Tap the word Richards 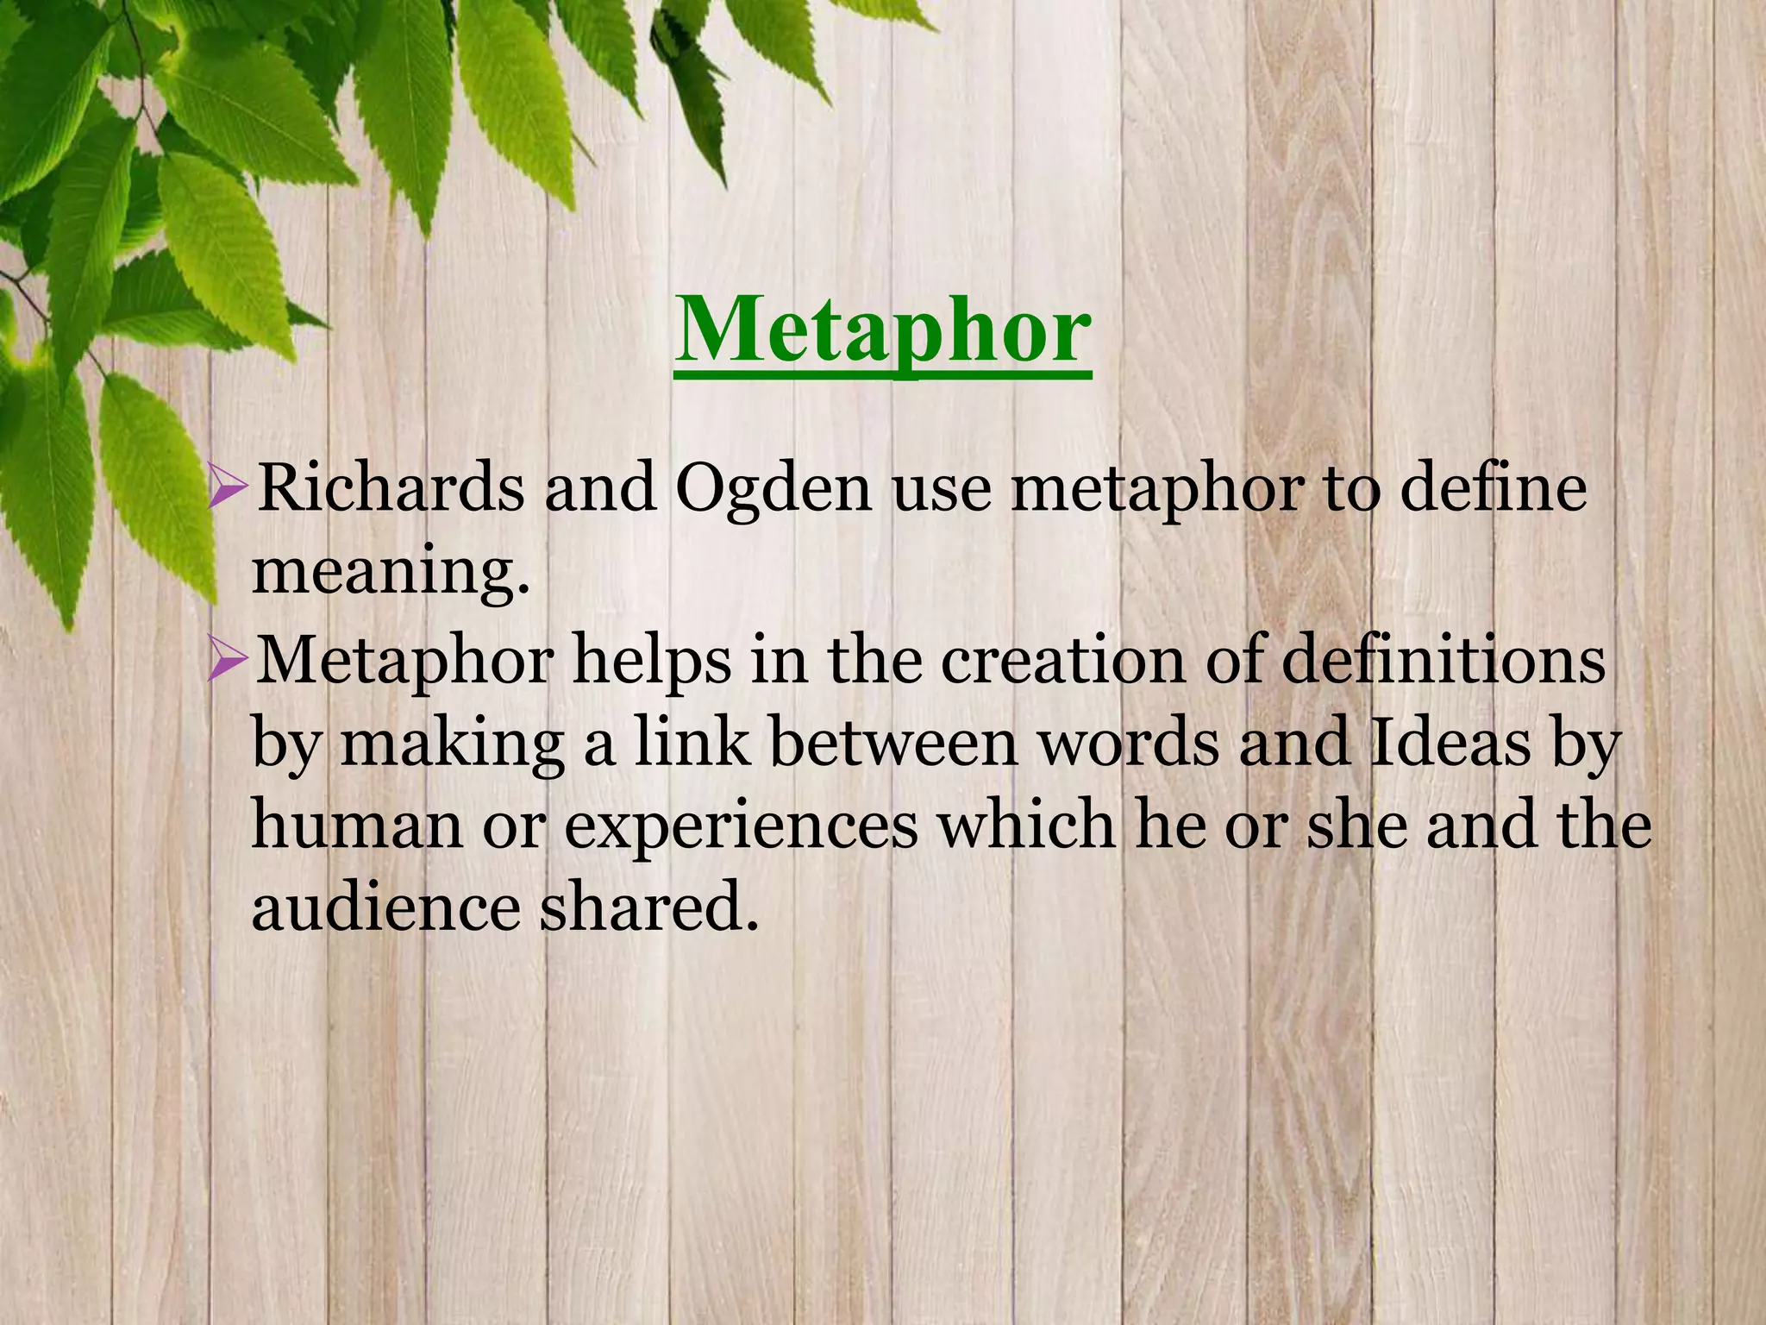click(391, 488)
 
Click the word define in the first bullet click(1494, 488)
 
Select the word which click(1025, 825)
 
